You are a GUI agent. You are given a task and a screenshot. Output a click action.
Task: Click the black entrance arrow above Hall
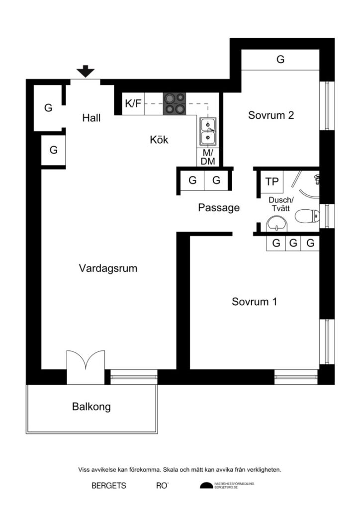pyautogui.click(x=87, y=72)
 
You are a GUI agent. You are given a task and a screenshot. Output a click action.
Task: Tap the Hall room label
pyautogui.click(x=91, y=118)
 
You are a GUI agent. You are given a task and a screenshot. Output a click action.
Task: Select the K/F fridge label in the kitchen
pyautogui.click(x=133, y=104)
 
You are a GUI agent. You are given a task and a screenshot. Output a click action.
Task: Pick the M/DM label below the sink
pyautogui.click(x=208, y=157)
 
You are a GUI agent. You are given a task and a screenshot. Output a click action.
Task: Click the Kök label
pyautogui.click(x=159, y=140)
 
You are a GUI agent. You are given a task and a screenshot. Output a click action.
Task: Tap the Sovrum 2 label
pyautogui.click(x=271, y=115)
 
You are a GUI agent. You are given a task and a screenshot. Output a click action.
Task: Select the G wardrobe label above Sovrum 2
pyautogui.click(x=280, y=60)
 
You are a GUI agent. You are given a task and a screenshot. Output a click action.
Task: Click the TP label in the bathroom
pyautogui.click(x=271, y=182)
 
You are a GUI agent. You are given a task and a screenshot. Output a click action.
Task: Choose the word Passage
pyautogui.click(x=219, y=208)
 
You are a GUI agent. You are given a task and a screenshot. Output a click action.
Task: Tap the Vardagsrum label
pyautogui.click(x=108, y=268)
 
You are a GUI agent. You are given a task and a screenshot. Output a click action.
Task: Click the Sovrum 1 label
pyautogui.click(x=254, y=302)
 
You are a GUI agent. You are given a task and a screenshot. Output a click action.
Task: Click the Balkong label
pyautogui.click(x=91, y=407)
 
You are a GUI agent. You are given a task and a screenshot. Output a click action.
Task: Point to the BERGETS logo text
pyautogui.click(x=109, y=486)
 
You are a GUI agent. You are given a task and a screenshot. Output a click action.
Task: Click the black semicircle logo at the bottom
pyautogui.click(x=206, y=486)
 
